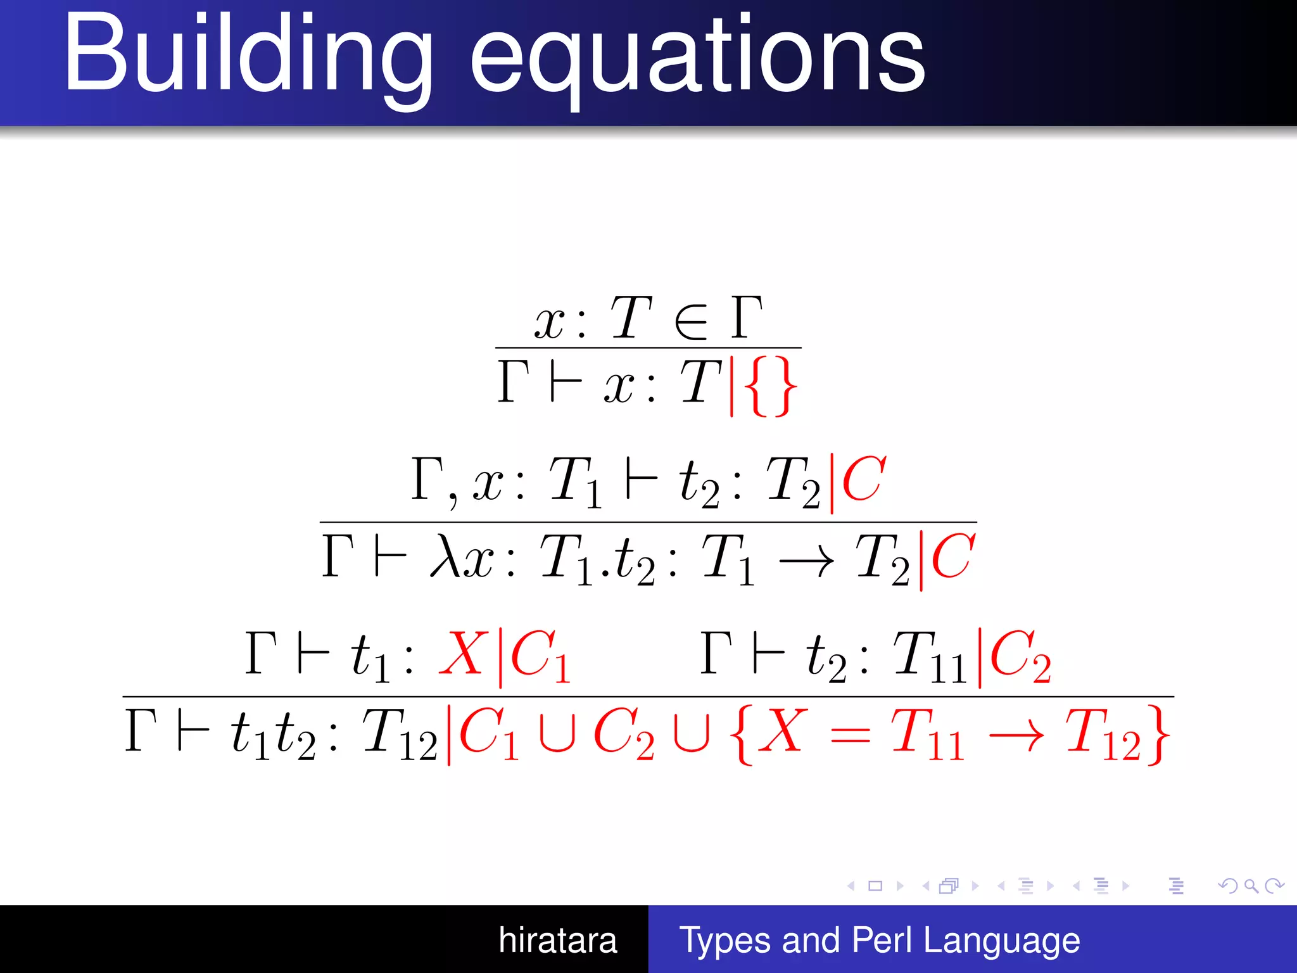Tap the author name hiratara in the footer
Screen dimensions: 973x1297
click(557, 940)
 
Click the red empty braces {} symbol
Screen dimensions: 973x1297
click(769, 386)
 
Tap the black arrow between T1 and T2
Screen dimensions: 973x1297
click(806, 561)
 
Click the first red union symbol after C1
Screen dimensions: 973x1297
click(557, 735)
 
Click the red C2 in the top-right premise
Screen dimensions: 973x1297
click(1020, 656)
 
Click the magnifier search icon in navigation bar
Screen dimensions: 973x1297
click(1251, 886)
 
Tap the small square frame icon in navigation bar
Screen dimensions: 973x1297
click(875, 886)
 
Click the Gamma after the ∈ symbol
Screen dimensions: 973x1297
click(747, 317)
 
